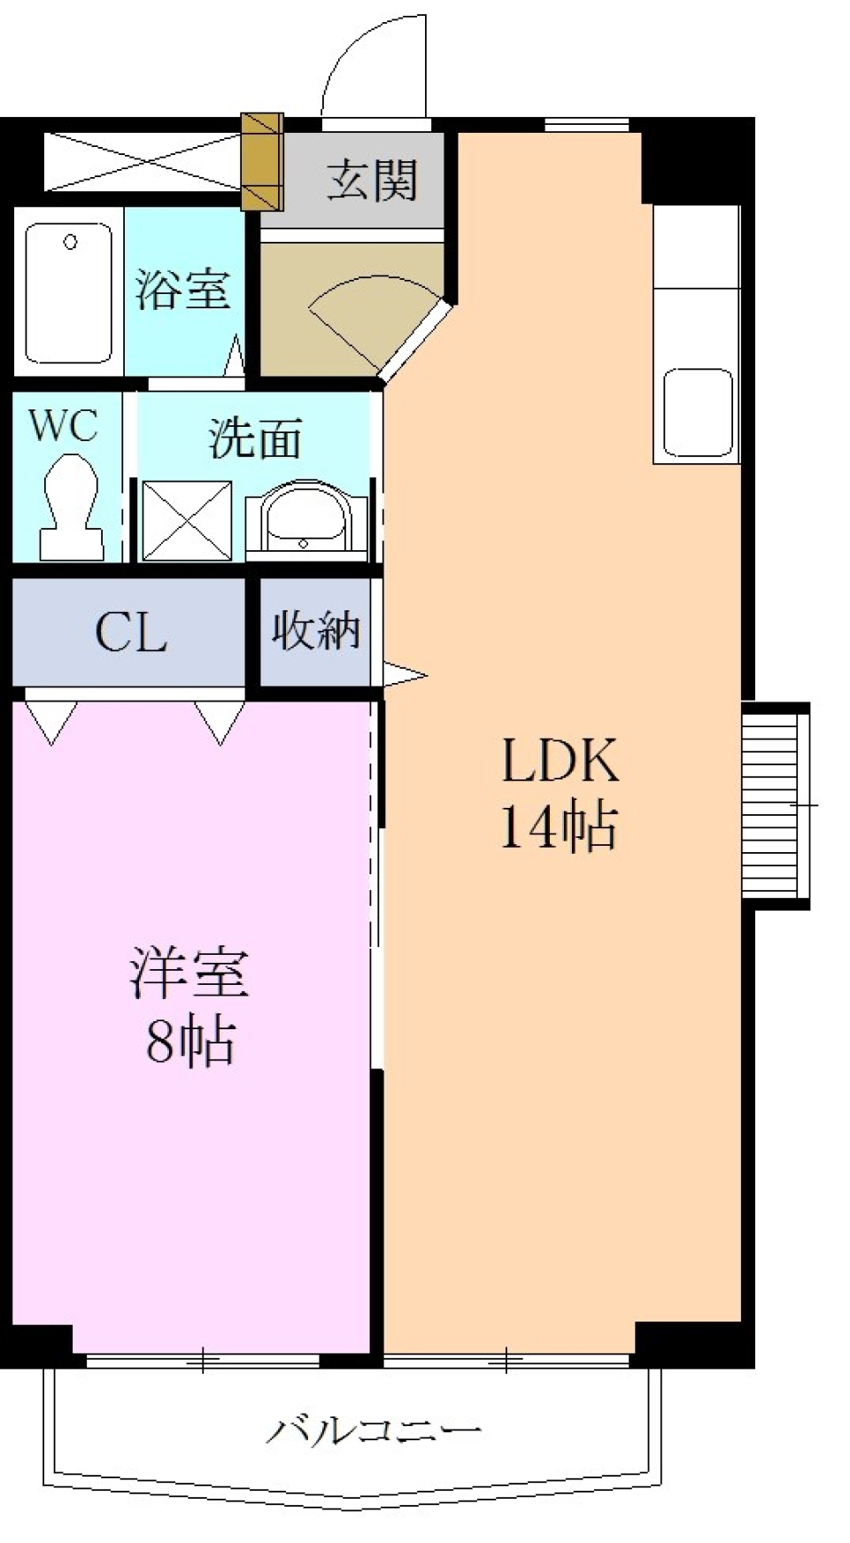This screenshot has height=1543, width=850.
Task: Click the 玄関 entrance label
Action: click(372, 181)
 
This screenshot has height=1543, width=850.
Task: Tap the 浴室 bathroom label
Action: click(182, 289)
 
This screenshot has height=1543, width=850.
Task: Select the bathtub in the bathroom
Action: click(69, 292)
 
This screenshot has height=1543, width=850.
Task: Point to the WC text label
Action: click(63, 426)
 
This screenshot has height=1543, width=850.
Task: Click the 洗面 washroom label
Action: click(255, 438)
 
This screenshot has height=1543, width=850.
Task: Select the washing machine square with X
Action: click(187, 521)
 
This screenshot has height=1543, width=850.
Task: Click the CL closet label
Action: click(131, 632)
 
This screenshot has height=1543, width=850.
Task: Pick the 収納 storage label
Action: click(315, 631)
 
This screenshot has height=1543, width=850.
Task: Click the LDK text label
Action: click(560, 760)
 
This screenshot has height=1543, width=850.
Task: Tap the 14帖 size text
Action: click(558, 826)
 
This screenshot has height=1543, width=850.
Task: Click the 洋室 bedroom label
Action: click(189, 973)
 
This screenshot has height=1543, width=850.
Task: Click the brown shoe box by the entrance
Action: click(262, 161)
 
